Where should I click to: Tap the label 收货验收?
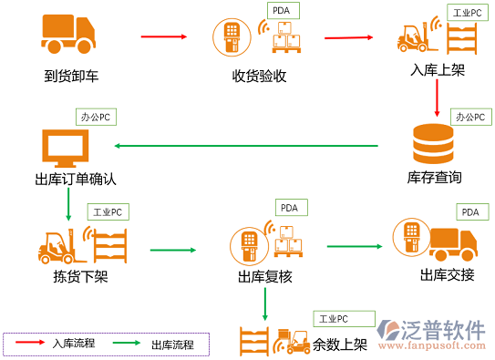(259, 76)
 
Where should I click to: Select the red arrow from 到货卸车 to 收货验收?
(164, 36)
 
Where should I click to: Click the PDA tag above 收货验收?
(283, 11)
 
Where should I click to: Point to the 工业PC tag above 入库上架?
(468, 14)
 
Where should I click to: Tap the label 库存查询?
(434, 177)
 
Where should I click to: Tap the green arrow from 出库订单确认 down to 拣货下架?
(68, 206)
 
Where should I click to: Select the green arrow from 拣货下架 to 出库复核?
(173, 250)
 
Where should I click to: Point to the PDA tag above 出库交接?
(469, 212)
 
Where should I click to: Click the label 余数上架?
(340, 345)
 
